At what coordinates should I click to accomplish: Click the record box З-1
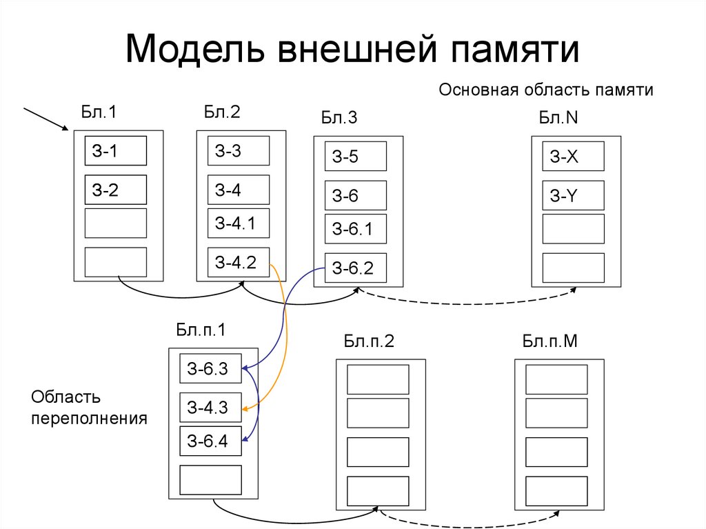[x=116, y=150]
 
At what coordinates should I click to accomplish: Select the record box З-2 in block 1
[x=116, y=189]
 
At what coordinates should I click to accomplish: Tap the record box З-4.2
[x=239, y=262]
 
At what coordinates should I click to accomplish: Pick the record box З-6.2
[x=356, y=268]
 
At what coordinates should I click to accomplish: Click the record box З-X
[x=573, y=156]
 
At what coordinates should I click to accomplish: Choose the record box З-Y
[x=573, y=195]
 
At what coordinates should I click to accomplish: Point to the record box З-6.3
[x=210, y=369]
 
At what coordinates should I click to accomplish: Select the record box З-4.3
[x=210, y=408]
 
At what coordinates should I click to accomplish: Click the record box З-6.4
[x=210, y=441]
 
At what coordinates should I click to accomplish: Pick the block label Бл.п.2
[x=369, y=341]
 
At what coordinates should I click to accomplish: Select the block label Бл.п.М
[x=549, y=341]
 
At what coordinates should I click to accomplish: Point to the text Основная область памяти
[x=545, y=90]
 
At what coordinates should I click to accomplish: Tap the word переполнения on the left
[x=90, y=418]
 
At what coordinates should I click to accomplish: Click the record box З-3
[x=239, y=150]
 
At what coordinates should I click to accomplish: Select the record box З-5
[x=356, y=156]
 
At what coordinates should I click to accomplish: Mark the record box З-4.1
[x=239, y=223]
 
